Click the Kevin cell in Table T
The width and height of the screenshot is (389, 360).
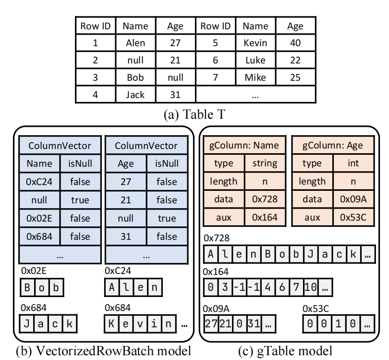click(x=255, y=43)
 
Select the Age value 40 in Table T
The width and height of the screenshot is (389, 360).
click(x=295, y=43)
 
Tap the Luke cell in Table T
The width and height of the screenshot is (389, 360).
click(x=255, y=60)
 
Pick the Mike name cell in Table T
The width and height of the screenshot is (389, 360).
click(x=255, y=77)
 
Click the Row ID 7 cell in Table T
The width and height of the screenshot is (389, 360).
click(x=215, y=77)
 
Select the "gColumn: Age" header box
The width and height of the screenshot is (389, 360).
click(x=334, y=146)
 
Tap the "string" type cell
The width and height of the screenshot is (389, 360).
click(x=265, y=163)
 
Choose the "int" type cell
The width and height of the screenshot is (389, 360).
click(x=353, y=163)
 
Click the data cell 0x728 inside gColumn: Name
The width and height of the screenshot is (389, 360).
click(x=265, y=199)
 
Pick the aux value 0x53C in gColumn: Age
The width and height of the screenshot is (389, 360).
click(x=353, y=217)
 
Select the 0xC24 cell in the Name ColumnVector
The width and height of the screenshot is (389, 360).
click(x=39, y=182)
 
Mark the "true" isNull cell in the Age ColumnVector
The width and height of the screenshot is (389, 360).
click(x=167, y=218)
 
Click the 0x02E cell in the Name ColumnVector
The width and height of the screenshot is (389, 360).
click(x=39, y=218)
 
